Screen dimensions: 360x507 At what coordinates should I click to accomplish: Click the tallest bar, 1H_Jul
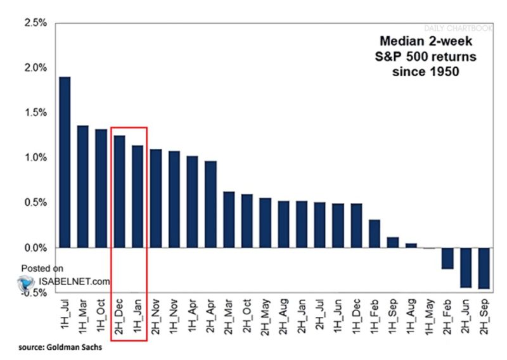(x=65, y=162)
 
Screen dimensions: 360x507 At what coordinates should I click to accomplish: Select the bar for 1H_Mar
(x=83, y=186)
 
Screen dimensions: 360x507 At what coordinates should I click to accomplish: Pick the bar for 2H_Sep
(x=484, y=268)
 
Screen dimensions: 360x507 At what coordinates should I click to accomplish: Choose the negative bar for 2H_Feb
(x=447, y=258)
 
